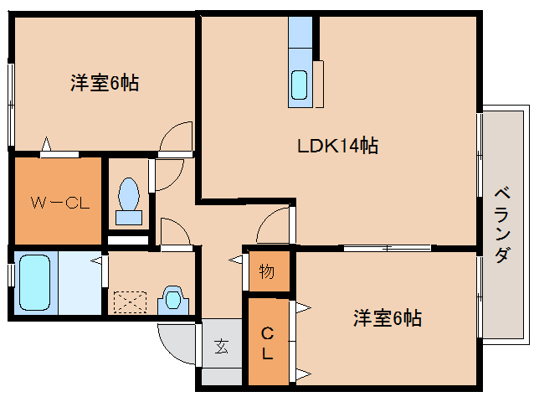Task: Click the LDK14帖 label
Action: (338, 146)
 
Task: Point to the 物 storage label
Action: (267, 271)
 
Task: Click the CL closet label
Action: (267, 343)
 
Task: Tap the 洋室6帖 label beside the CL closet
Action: (386, 318)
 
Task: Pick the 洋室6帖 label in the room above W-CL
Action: (104, 82)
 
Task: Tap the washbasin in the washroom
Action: (173, 299)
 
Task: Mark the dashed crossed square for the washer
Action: (130, 301)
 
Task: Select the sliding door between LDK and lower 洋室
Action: (387, 248)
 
